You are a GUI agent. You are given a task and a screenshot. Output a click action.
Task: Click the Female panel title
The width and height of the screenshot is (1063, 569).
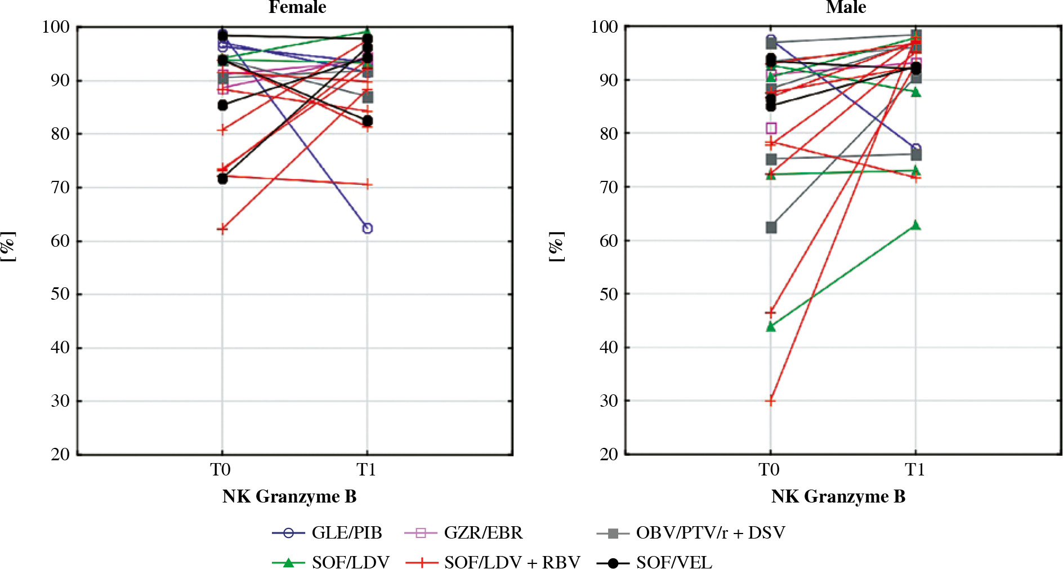[x=297, y=7]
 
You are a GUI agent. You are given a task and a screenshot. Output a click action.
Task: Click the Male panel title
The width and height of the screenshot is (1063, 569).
[x=846, y=7]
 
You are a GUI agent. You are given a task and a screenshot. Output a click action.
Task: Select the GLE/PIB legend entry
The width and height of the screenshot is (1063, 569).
[x=327, y=532]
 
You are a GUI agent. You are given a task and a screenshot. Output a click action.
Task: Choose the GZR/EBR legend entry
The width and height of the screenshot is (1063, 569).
[x=463, y=532]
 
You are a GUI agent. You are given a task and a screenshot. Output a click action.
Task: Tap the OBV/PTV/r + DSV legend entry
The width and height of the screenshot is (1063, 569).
[x=691, y=532]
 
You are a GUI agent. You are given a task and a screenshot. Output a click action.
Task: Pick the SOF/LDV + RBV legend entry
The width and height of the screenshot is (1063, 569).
[x=493, y=562]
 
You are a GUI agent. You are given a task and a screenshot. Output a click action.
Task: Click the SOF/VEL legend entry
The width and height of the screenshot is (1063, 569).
[x=654, y=562]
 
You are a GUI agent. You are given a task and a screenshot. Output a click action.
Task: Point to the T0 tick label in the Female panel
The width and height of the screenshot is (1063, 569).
[x=221, y=469]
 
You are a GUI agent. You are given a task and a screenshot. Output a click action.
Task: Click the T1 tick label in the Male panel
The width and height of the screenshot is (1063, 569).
[x=915, y=469]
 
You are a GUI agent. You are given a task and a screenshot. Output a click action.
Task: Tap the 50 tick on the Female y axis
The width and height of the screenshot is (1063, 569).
[x=60, y=294]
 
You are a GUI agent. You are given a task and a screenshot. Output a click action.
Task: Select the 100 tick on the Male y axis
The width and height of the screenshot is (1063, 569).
[x=604, y=26]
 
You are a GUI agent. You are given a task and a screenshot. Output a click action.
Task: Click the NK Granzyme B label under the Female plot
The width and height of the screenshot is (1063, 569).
[x=289, y=496]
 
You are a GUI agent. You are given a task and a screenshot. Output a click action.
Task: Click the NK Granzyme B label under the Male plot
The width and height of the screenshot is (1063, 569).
[x=838, y=496]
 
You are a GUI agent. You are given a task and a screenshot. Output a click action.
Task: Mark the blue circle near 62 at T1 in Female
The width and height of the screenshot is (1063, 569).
[x=367, y=228]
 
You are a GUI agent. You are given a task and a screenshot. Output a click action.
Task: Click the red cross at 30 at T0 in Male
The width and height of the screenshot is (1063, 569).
[x=771, y=401]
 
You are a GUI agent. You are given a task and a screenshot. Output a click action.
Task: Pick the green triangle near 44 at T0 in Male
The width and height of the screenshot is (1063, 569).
[x=771, y=326]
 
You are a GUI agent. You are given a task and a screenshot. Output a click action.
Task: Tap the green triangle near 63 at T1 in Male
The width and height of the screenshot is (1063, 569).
[x=915, y=225]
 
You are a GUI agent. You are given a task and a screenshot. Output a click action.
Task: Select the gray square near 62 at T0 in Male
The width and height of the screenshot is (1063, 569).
[x=771, y=228]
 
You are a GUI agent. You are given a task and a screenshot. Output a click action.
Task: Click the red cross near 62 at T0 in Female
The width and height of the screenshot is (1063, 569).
[x=222, y=229]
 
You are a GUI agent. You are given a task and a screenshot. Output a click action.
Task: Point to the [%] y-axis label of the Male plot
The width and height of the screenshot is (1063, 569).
[x=556, y=246]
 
